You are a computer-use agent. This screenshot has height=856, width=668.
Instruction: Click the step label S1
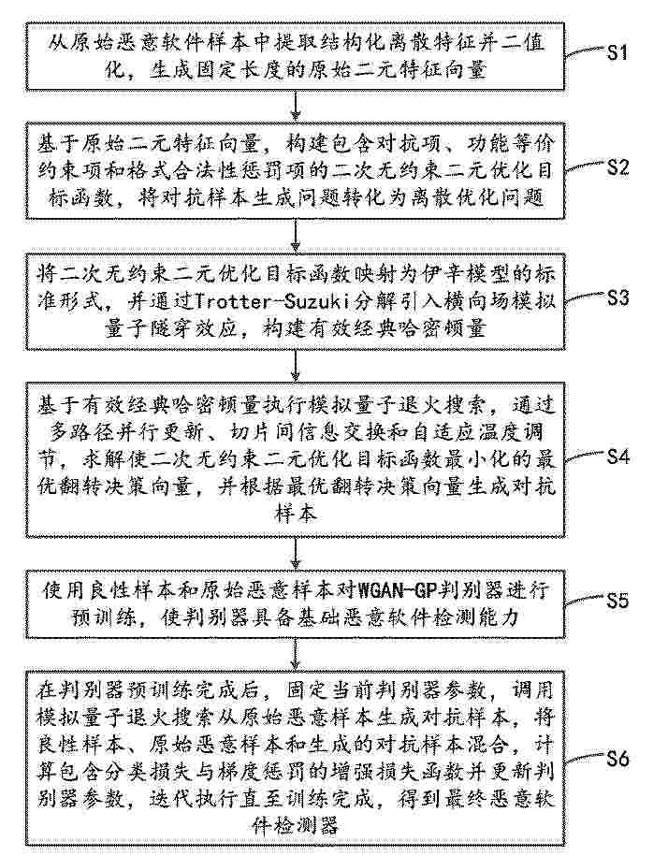(x=617, y=53)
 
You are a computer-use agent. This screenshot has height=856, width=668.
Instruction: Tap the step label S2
(x=617, y=167)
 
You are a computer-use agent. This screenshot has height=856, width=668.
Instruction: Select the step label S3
(x=617, y=298)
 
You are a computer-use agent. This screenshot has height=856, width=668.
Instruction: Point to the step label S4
(x=617, y=456)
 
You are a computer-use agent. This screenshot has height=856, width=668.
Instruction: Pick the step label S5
(x=617, y=600)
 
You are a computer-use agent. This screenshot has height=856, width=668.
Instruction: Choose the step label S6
(x=617, y=759)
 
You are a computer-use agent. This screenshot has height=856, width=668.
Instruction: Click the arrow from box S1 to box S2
(x=296, y=104)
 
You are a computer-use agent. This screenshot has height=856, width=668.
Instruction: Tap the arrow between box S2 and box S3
(x=296, y=234)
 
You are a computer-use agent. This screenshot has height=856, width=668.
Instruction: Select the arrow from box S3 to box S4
(x=296, y=366)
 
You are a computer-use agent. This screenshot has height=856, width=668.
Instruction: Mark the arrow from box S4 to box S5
(x=296, y=553)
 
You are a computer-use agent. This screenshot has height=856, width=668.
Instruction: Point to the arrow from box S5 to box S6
(x=296, y=653)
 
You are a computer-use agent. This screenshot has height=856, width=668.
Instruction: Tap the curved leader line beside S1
(x=585, y=52)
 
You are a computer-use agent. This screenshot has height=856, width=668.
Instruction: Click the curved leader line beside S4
(x=585, y=456)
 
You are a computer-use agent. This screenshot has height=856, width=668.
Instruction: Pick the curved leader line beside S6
(x=585, y=758)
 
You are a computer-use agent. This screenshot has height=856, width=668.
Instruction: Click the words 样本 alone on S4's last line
(x=296, y=515)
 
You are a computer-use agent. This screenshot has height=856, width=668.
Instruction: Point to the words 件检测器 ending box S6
(x=296, y=825)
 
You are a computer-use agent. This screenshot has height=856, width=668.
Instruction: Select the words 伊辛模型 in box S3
(x=457, y=273)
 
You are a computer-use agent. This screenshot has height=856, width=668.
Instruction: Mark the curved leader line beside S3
(x=585, y=298)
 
